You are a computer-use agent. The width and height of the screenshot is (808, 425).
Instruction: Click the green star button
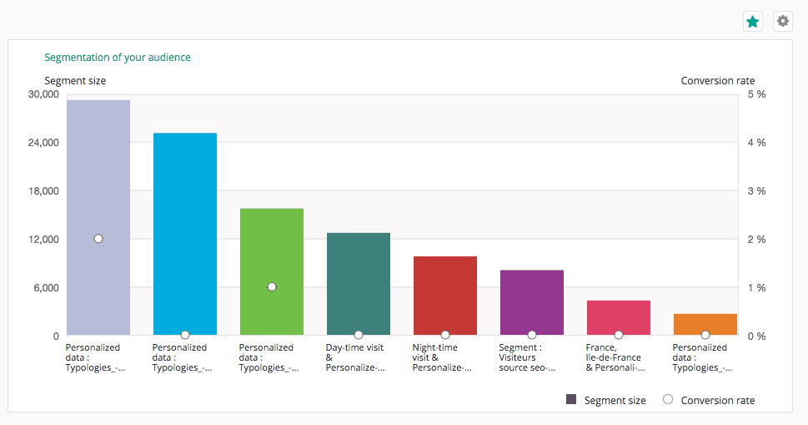point(753,22)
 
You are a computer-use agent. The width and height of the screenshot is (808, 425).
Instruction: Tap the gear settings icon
point(782,22)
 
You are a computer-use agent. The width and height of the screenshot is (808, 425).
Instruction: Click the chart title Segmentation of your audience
point(118,58)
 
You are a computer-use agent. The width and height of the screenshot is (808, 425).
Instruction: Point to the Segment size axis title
point(75,81)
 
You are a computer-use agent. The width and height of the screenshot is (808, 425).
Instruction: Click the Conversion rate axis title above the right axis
point(718,81)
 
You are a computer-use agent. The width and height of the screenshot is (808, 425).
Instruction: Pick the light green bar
point(272,250)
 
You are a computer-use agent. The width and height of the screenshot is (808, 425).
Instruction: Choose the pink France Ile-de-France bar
point(619,318)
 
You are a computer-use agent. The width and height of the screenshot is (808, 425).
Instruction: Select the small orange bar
point(705,325)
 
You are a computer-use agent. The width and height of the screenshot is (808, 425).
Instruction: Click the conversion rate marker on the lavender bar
point(98,239)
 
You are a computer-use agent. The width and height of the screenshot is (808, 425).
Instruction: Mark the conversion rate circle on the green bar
point(272,286)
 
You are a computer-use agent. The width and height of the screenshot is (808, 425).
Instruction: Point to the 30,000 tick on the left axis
point(43,94)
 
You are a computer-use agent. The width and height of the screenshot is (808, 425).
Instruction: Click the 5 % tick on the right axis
point(756,94)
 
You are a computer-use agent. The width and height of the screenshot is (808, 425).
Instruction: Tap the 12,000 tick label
point(43,240)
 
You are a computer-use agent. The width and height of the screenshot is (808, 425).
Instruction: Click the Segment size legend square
point(571,400)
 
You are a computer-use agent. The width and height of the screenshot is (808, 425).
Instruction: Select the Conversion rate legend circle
point(668,400)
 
